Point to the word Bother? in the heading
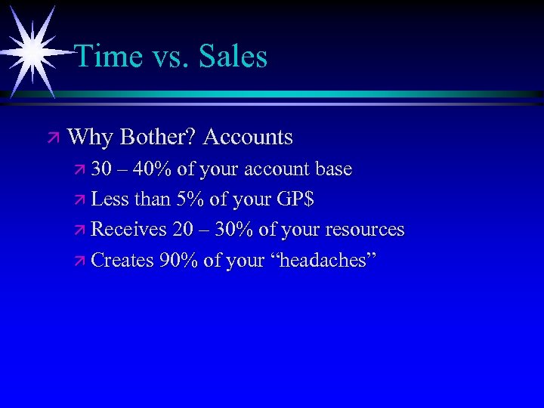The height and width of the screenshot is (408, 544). click(x=158, y=138)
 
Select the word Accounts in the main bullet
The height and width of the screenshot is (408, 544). click(x=248, y=138)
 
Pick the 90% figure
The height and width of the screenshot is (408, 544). click(x=179, y=261)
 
